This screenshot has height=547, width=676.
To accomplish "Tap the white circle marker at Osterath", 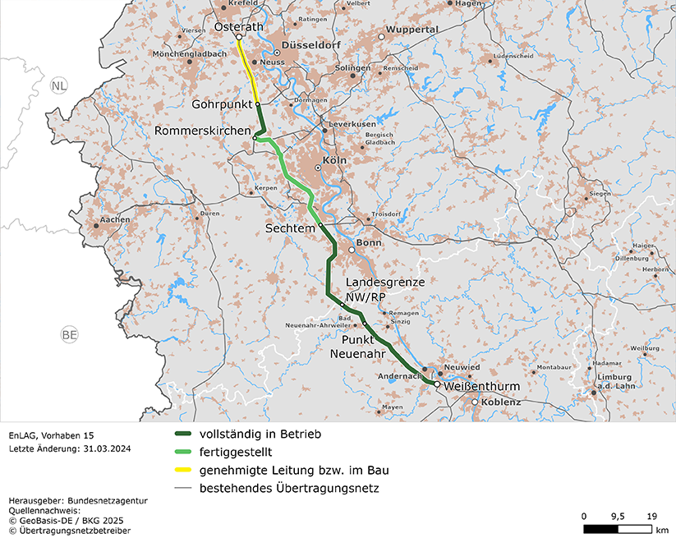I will pyautogui.click(x=239, y=37).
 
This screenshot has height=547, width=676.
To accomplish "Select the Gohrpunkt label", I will pyautogui.click(x=221, y=104).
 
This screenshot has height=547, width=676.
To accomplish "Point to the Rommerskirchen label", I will pyautogui.click(x=203, y=131).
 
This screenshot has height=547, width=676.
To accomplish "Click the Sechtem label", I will pyautogui.click(x=290, y=227).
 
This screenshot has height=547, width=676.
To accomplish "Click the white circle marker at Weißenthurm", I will pyautogui.click(x=437, y=384).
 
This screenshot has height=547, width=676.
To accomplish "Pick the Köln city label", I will pyautogui.click(x=335, y=161).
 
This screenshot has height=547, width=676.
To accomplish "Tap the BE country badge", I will pyautogui.click(x=71, y=335).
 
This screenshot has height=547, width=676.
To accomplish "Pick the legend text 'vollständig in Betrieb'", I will pyautogui.click(x=260, y=434).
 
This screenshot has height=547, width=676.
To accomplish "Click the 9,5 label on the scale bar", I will pyautogui.click(x=618, y=516).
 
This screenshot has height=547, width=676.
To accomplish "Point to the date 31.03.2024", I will pyautogui.click(x=100, y=448).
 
